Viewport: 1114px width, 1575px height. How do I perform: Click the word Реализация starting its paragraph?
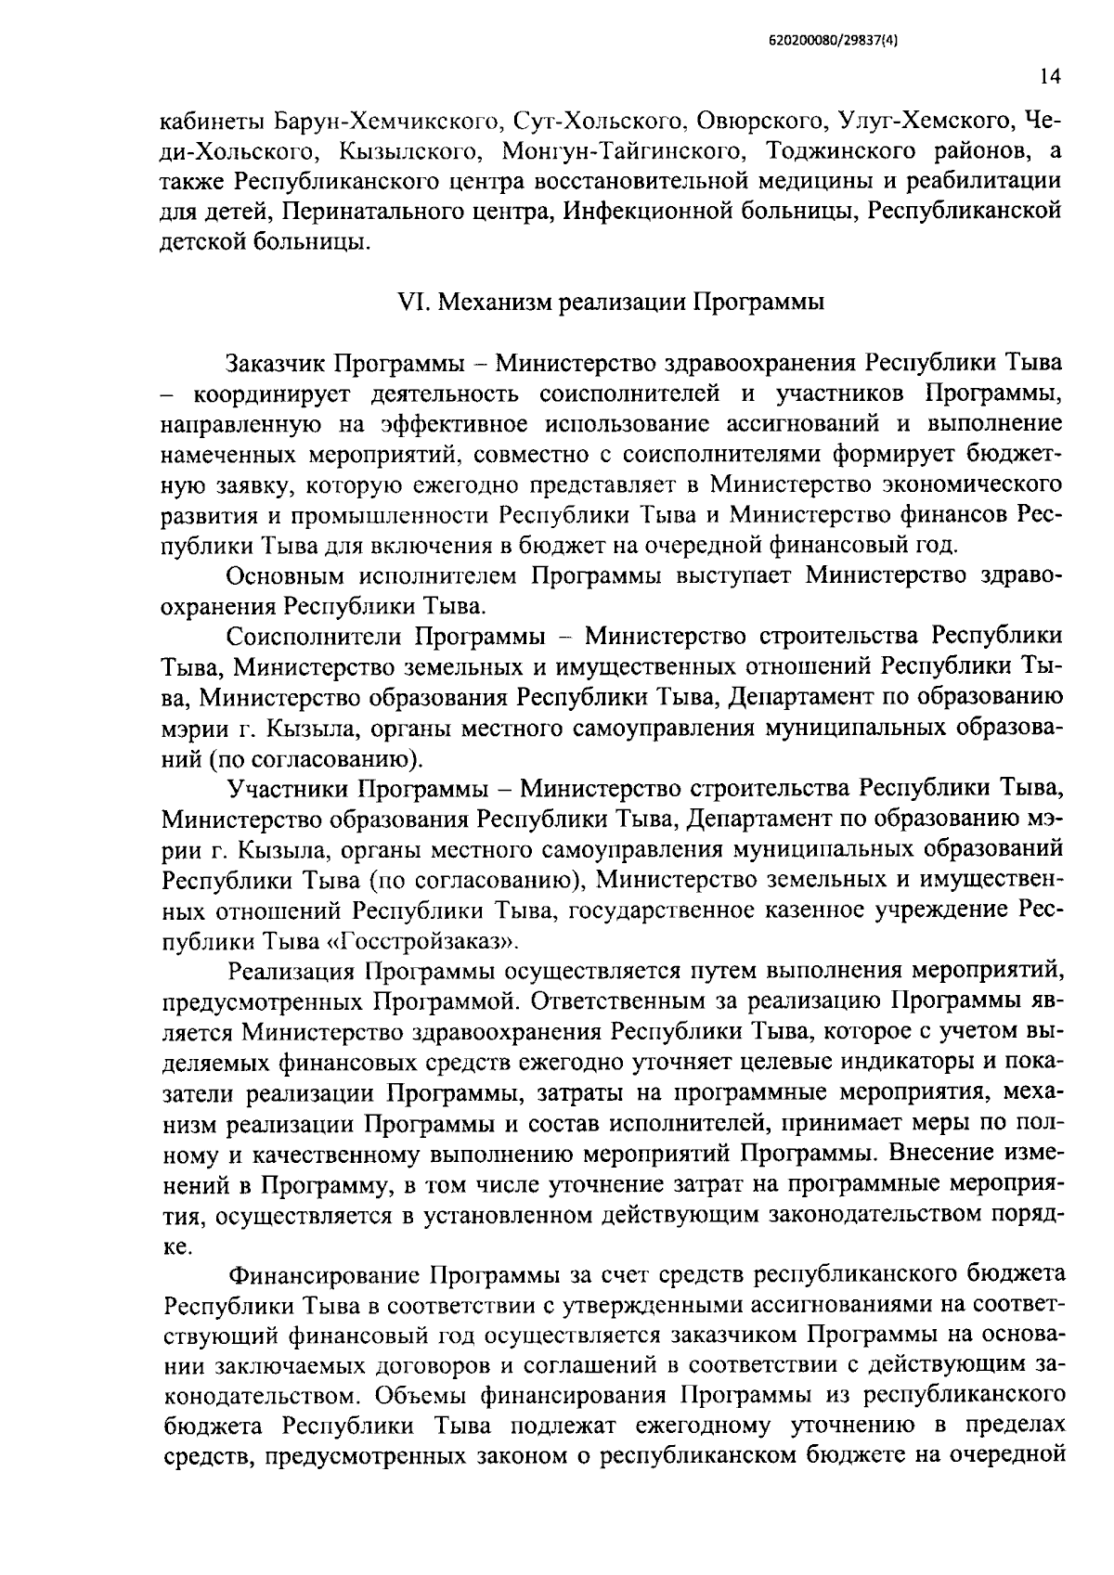(291, 972)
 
